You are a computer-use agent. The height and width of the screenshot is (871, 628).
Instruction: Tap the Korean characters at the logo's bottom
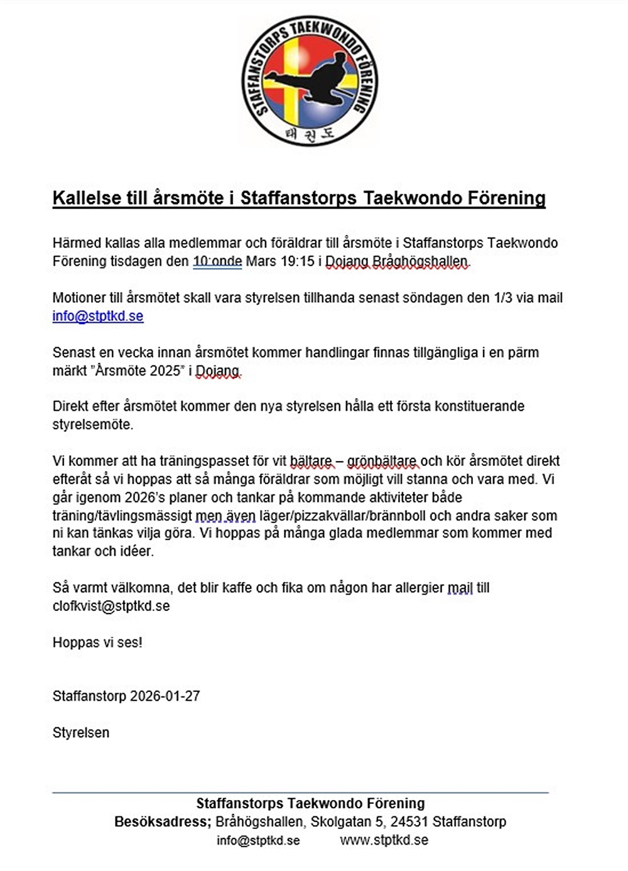tap(309, 134)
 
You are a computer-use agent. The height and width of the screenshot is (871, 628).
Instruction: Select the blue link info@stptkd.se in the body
tap(98, 316)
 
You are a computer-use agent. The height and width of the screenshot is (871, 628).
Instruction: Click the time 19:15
tap(297, 261)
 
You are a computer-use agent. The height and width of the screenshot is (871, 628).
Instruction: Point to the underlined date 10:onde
tap(217, 261)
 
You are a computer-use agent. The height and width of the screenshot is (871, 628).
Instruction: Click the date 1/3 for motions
tap(504, 298)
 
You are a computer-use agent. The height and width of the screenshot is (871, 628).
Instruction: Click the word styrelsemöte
tap(93, 425)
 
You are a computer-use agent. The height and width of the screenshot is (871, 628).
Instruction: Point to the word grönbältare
tap(382, 461)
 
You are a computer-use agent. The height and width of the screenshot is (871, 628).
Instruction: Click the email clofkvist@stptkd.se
tap(111, 606)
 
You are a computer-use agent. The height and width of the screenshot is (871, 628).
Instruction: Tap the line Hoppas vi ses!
tap(97, 642)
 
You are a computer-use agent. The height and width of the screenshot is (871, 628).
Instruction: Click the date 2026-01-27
tap(165, 696)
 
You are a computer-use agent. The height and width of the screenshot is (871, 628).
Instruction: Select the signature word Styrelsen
tap(81, 732)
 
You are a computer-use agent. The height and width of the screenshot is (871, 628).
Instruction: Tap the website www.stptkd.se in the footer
tap(384, 840)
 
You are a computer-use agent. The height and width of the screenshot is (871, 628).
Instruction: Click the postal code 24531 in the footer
tap(409, 821)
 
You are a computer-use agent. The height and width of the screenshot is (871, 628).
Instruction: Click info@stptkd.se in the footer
tap(258, 840)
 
